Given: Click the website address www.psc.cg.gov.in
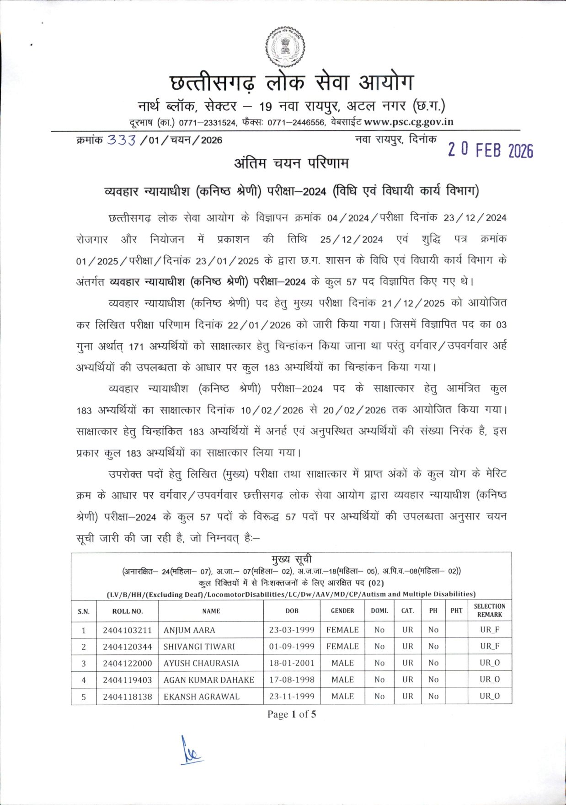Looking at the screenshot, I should click(409, 122).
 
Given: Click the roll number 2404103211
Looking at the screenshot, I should click(127, 630).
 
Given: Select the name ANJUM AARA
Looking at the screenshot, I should click(189, 630).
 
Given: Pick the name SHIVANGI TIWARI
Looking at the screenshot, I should click(199, 646).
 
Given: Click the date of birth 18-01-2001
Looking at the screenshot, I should click(292, 663).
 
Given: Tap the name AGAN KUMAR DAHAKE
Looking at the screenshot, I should click(209, 680).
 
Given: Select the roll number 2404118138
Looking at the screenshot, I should click(127, 696).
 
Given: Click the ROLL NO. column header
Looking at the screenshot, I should click(128, 611).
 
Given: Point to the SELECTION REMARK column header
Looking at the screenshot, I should click(490, 611).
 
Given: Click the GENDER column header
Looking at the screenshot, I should click(342, 611).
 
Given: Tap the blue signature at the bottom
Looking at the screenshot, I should click(190, 751).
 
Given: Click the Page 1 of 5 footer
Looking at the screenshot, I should click(292, 714).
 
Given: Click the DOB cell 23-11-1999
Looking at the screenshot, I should click(292, 696).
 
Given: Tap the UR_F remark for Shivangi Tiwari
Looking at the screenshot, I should click(490, 646).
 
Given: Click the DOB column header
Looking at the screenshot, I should click(292, 611).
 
